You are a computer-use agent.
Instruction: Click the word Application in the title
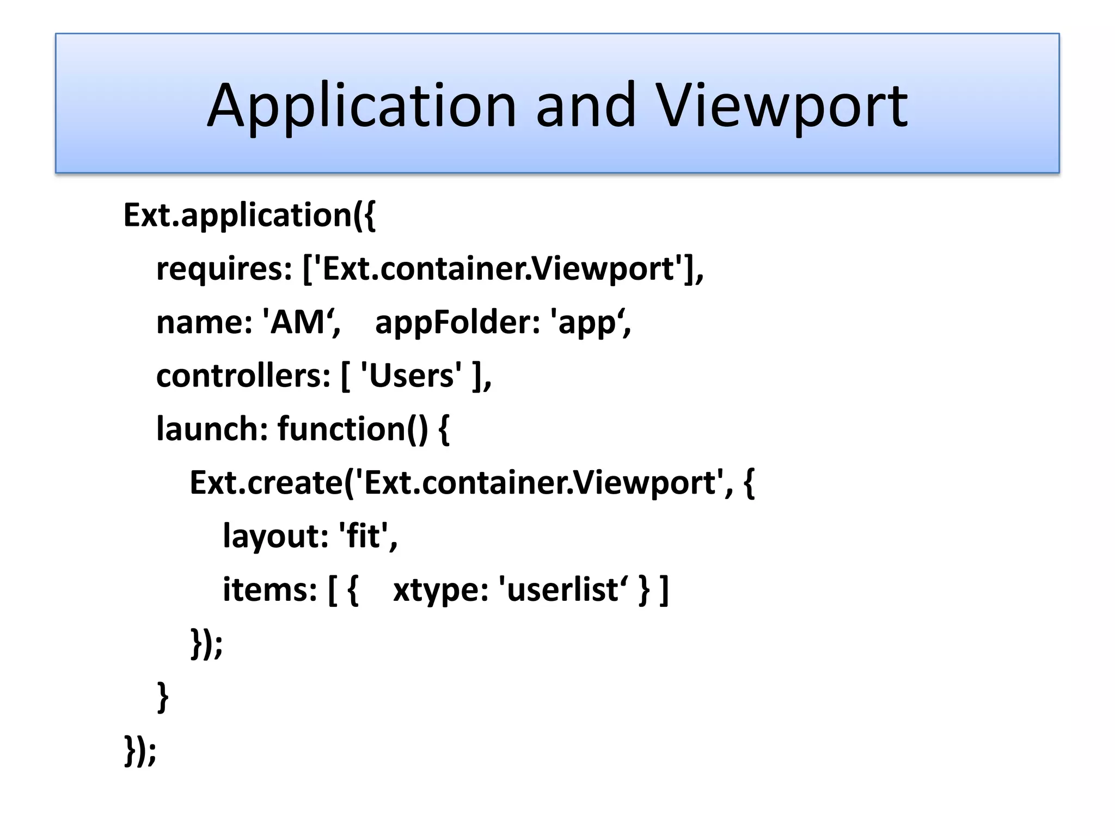pyautogui.click(x=361, y=107)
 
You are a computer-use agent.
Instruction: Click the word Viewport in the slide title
pyautogui.click(x=782, y=107)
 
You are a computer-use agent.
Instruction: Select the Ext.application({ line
pyautogui.click(x=249, y=216)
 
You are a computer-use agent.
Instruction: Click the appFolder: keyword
pyautogui.click(x=457, y=322)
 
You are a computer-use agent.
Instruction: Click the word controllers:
pyautogui.click(x=243, y=376)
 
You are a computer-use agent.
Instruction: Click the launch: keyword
pyautogui.click(x=212, y=429)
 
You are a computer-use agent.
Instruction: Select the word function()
pyautogui.click(x=353, y=429)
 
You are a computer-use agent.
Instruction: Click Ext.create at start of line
pyautogui.click(x=266, y=482)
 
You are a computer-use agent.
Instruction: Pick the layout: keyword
pyautogui.click(x=275, y=536)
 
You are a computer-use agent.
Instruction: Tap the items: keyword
pyautogui.click(x=269, y=589)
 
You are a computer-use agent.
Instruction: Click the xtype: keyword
pyautogui.click(x=440, y=589)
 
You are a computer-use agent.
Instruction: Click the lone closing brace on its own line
pyautogui.click(x=162, y=697)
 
